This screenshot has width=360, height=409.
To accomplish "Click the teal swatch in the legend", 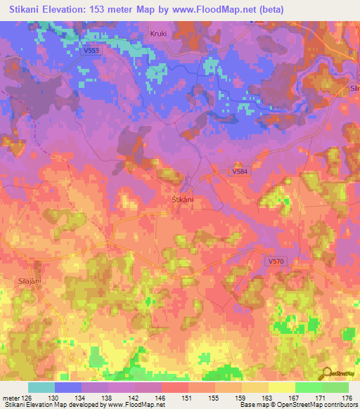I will pyautogui.click(x=41, y=387).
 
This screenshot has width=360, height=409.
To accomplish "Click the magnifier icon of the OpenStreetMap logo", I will pyautogui.click(x=327, y=373).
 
